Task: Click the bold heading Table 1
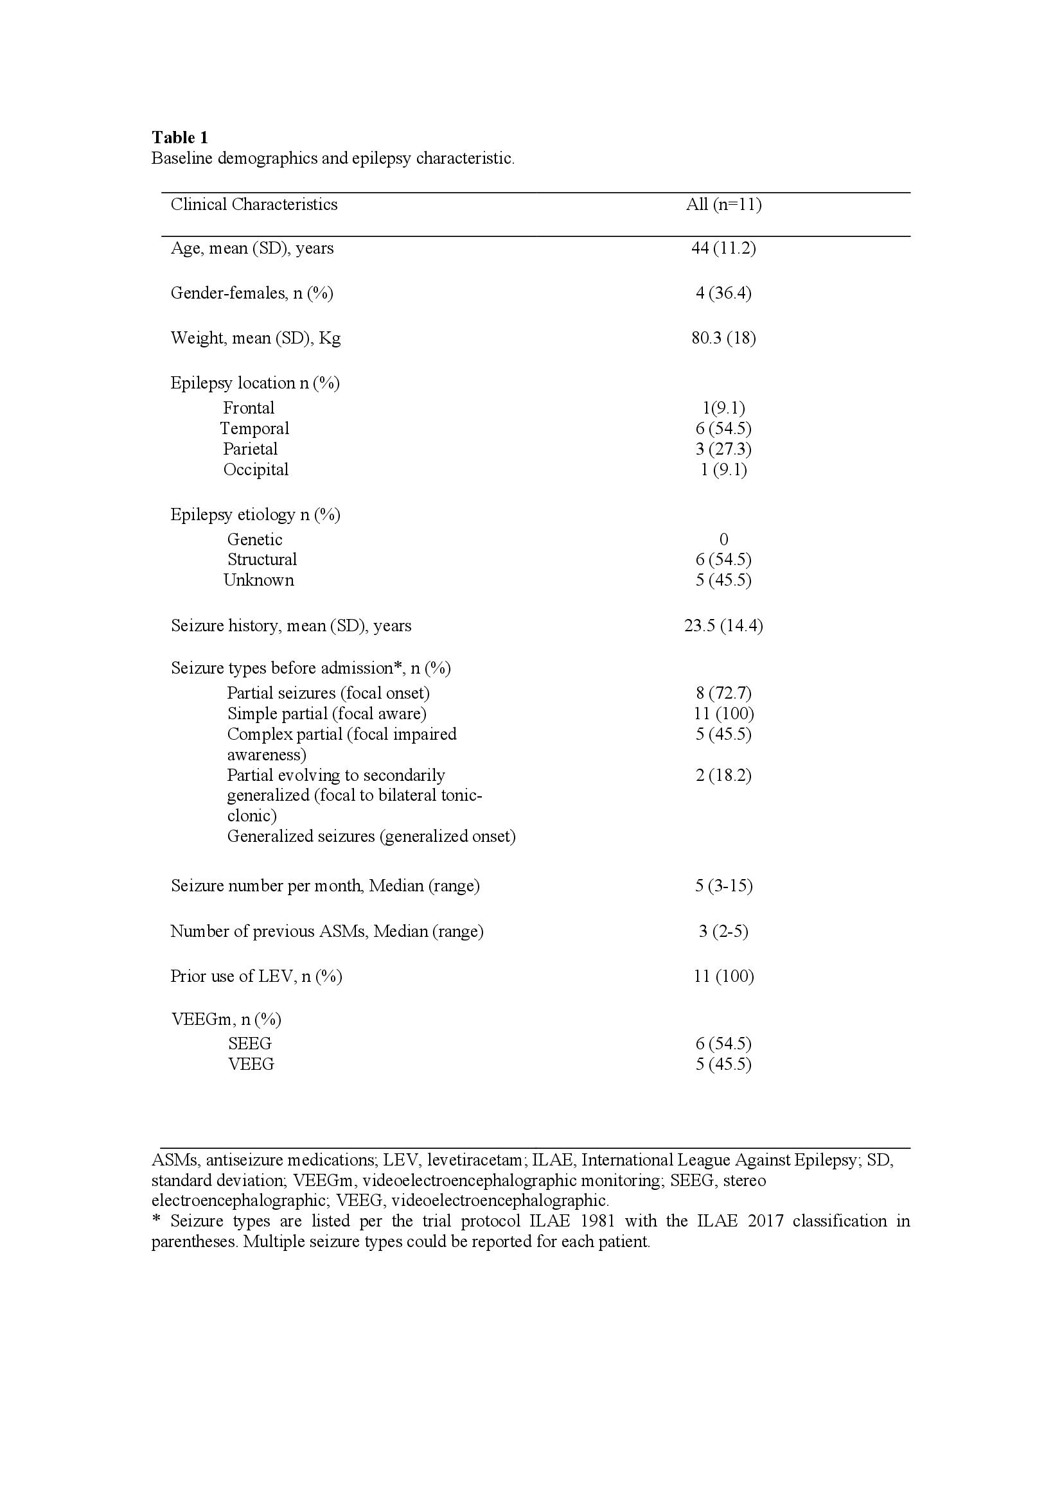tap(180, 137)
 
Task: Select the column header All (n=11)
tap(723, 205)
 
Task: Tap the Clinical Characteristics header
tap(254, 205)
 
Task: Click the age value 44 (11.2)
tap(723, 249)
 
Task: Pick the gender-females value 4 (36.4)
tap(723, 293)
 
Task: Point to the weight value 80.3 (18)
tap(723, 338)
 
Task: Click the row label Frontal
tap(249, 408)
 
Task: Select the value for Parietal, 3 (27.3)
tap(723, 450)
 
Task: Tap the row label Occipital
tap(256, 469)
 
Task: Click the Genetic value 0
tap(723, 539)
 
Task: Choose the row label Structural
tap(261, 560)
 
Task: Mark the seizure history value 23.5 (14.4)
tap(723, 626)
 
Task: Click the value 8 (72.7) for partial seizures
tap(723, 694)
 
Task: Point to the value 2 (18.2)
tap(723, 776)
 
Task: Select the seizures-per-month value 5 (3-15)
tap(723, 886)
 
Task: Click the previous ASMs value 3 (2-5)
tap(723, 932)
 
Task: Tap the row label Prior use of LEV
tap(256, 977)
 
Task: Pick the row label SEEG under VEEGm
tap(249, 1044)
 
